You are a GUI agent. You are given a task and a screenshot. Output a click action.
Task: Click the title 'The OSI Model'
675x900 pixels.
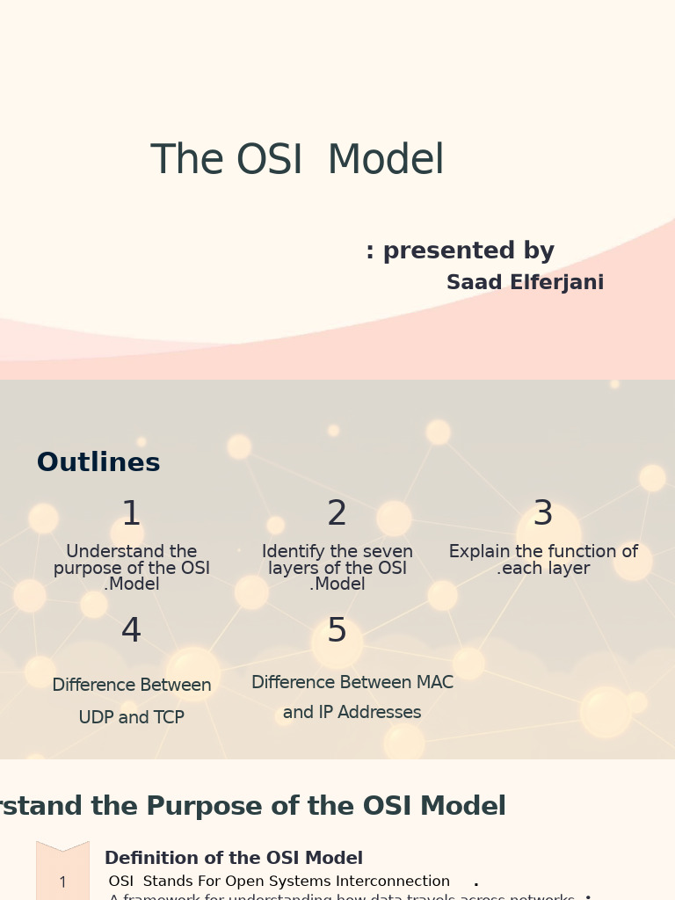pyautogui.click(x=297, y=161)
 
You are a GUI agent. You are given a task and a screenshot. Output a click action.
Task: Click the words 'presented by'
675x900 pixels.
pyautogui.click(x=468, y=251)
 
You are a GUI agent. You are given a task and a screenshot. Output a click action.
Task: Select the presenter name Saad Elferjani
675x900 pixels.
pyautogui.click(x=525, y=283)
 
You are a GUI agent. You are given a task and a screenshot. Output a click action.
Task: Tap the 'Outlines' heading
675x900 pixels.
pyautogui.click(x=98, y=463)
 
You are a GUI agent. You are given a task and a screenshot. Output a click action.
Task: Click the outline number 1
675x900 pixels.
pyautogui.click(x=131, y=514)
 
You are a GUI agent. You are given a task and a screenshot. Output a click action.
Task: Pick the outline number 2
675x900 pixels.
pyautogui.click(x=337, y=514)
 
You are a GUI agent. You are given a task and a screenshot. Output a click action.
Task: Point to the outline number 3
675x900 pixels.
pyautogui.click(x=543, y=514)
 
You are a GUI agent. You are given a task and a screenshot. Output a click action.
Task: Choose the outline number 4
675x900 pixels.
pyautogui.click(x=131, y=631)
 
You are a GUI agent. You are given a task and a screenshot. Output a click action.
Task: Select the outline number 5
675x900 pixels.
pyautogui.click(x=337, y=631)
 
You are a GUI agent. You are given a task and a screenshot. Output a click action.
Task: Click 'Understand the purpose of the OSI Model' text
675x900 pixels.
pyautogui.click(x=132, y=568)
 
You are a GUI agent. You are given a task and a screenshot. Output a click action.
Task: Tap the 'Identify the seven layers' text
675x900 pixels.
pyautogui.click(x=337, y=568)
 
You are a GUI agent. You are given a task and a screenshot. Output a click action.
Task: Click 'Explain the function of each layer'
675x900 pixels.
pyautogui.click(x=543, y=560)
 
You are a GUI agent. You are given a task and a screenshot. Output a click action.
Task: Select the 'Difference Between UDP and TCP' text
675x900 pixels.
pyautogui.click(x=132, y=701)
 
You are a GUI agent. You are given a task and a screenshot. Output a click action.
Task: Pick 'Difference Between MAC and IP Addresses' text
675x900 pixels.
pyautogui.click(x=352, y=698)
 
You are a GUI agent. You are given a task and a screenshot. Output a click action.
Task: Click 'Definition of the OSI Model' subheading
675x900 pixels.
pyautogui.click(x=233, y=859)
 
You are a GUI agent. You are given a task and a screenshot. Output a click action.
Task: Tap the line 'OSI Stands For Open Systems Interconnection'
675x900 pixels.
pyautogui.click(x=279, y=882)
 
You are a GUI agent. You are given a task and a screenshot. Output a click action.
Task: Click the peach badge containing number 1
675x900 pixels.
pyautogui.click(x=62, y=879)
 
